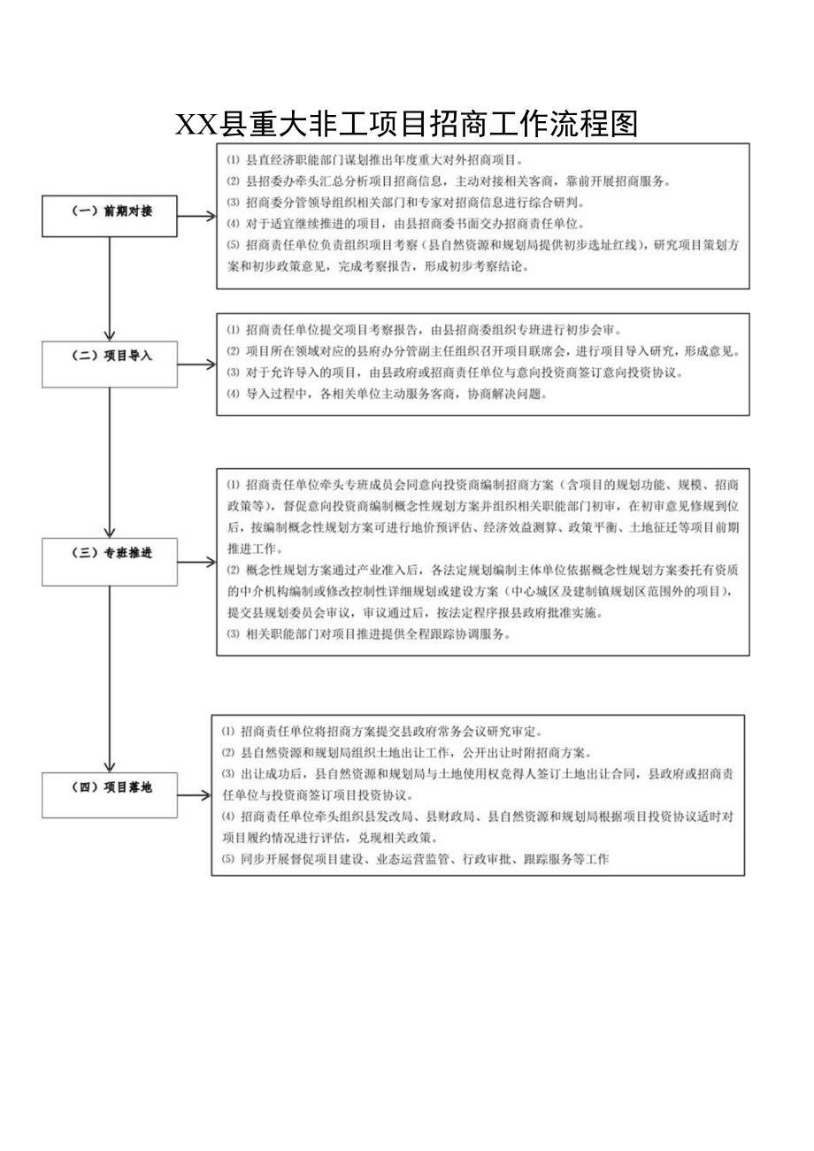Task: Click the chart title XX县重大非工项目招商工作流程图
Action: (406, 125)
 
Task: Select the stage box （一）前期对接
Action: (110, 212)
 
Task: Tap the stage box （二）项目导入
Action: (110, 357)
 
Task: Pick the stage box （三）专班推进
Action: (110, 555)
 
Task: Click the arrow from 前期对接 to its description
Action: (196, 215)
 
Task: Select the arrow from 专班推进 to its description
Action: (196, 561)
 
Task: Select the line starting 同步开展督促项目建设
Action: (416, 859)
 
